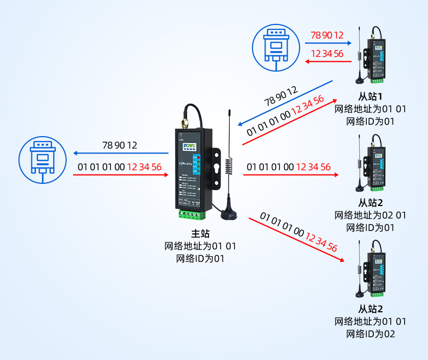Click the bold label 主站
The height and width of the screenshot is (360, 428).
pos(200,234)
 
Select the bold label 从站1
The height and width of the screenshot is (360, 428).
pos(371,97)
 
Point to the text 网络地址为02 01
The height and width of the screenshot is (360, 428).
pos(371,215)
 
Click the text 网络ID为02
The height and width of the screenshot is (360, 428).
pos(371,333)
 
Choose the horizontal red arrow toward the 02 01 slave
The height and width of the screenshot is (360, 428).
pos(290,175)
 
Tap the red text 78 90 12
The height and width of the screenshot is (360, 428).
pos(327,36)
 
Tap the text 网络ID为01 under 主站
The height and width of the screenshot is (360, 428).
pos(200,259)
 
